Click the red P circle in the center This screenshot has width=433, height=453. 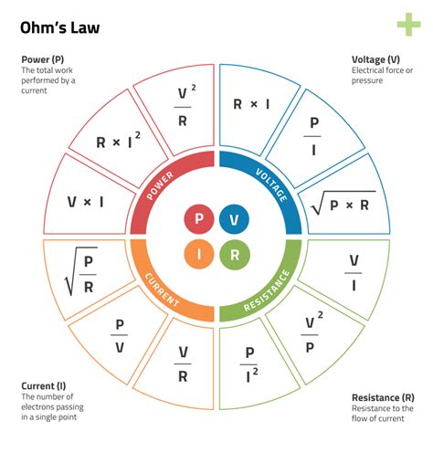[x=199, y=219]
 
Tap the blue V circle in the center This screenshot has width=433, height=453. [x=234, y=219]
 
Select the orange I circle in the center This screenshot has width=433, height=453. [x=199, y=254]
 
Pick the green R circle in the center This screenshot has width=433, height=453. [x=235, y=255]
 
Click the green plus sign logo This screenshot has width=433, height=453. [x=409, y=25]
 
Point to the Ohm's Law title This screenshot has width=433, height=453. [x=60, y=27]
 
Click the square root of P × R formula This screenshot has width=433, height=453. [x=343, y=203]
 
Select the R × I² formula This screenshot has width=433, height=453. [x=118, y=140]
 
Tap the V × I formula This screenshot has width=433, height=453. [x=85, y=202]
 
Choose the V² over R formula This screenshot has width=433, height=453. [x=185, y=106]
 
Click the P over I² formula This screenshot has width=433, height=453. [x=249, y=364]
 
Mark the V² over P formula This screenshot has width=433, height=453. [x=312, y=332]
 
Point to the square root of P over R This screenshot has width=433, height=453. [x=81, y=271]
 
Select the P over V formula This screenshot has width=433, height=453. [x=120, y=336]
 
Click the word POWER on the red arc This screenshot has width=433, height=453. [x=160, y=185]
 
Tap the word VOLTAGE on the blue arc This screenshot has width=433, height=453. [x=271, y=184]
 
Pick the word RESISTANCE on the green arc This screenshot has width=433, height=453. [x=267, y=291]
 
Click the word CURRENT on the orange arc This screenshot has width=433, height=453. [x=162, y=290]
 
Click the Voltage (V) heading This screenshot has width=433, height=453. [x=375, y=59]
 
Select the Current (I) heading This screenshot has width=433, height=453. [x=44, y=386]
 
